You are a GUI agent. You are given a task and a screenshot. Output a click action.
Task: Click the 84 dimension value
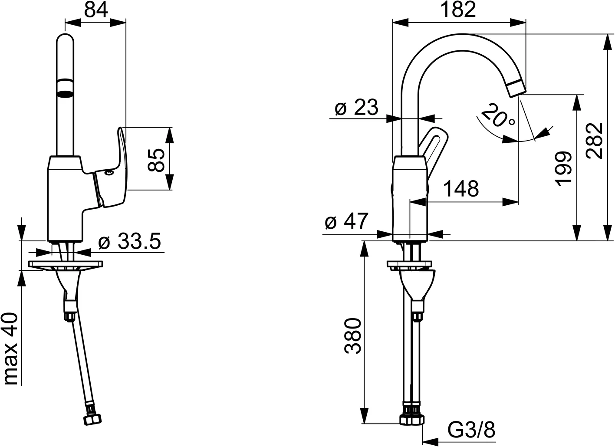click(96, 10)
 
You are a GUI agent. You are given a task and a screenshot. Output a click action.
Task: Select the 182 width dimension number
click(458, 10)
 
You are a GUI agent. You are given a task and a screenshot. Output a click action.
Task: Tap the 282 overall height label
click(595, 141)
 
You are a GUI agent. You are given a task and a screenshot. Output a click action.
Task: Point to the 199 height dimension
click(563, 168)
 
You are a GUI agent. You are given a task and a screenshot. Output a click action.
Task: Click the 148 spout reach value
click(461, 189)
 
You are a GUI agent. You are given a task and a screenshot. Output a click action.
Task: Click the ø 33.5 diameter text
click(129, 241)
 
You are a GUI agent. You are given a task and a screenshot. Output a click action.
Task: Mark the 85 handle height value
click(156, 160)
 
